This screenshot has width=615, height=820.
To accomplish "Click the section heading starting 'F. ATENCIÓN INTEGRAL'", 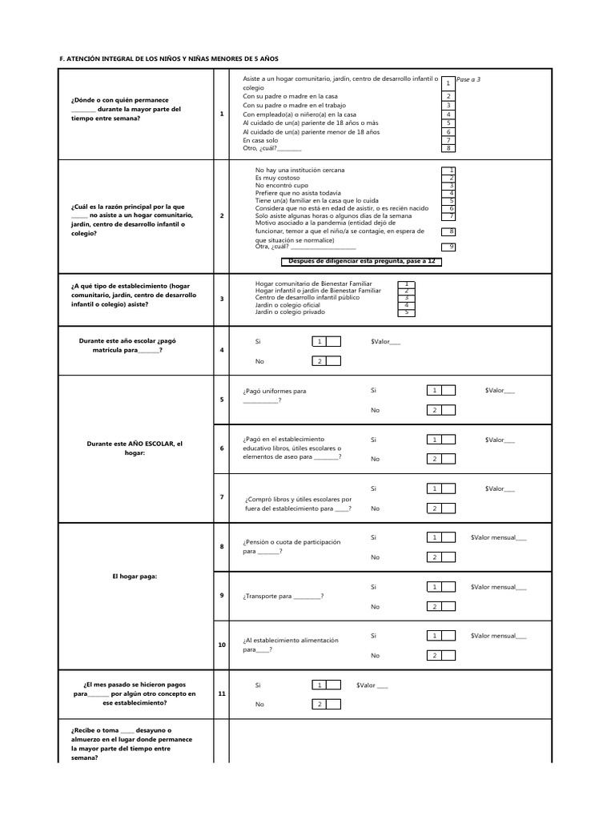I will coord(170,59).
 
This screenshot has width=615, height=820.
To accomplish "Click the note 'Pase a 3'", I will coord(468,80).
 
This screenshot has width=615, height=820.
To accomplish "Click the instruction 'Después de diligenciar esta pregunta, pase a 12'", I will coord(361,261).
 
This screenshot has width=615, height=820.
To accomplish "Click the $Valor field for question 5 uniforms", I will coord(500,391).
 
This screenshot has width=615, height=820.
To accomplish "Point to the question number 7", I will coord(222,497).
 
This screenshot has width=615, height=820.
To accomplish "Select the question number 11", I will coord(222,693).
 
